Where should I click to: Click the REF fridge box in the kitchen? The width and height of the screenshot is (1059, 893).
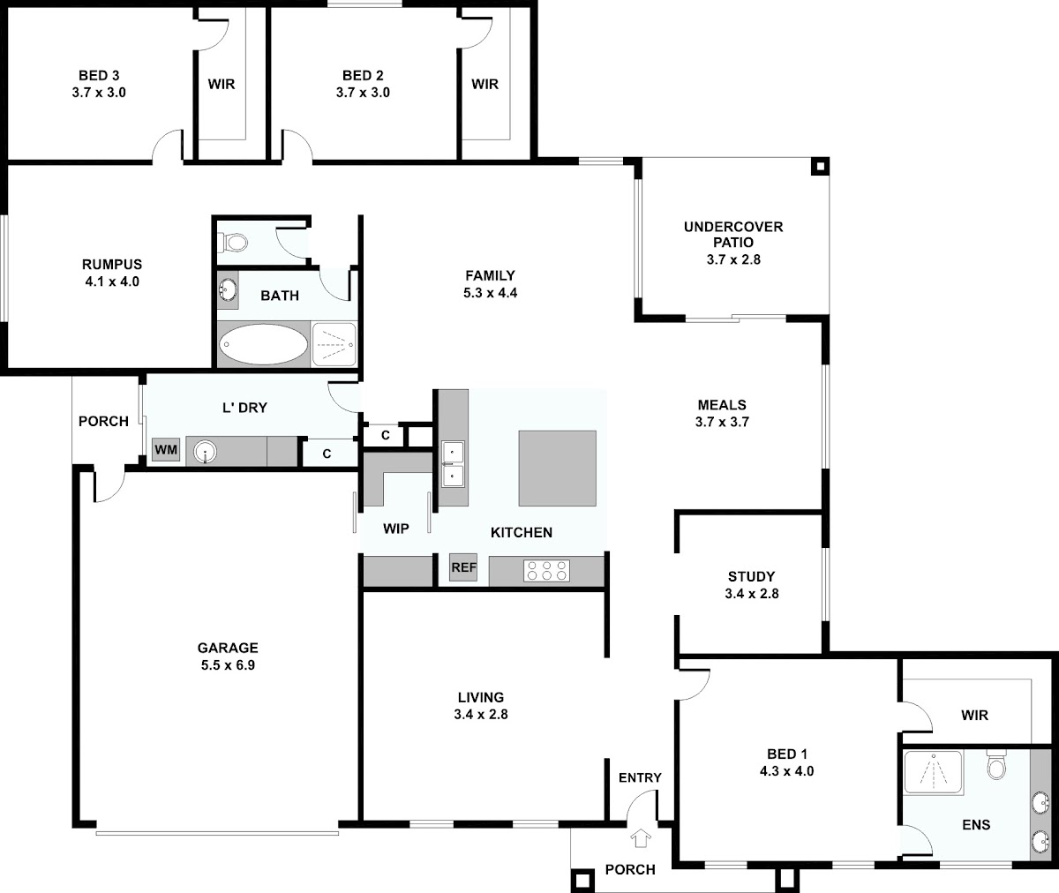[463, 567]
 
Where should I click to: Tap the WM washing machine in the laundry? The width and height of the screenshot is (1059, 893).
[166, 449]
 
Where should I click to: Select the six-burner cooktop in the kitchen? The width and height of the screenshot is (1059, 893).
[547, 571]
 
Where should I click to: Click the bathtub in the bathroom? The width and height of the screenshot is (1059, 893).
[263, 344]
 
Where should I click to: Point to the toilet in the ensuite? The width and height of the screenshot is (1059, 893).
[996, 766]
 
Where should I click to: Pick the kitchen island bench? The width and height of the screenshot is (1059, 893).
[557, 468]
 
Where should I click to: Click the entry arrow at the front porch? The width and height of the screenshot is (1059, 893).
[641, 837]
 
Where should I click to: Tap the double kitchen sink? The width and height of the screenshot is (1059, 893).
[453, 464]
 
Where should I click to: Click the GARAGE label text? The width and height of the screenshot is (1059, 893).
[228, 648]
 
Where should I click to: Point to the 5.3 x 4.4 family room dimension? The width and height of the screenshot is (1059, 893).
[490, 293]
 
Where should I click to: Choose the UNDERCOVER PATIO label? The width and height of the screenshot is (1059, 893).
[733, 234]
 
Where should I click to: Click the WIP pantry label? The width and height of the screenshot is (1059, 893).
[396, 529]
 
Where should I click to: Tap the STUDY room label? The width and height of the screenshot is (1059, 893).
[751, 576]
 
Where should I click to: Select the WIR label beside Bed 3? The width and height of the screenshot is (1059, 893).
[222, 84]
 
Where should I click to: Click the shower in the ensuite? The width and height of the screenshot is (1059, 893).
[933, 772]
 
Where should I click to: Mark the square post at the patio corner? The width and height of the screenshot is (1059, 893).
[820, 166]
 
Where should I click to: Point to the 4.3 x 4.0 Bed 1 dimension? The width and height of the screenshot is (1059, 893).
[786, 771]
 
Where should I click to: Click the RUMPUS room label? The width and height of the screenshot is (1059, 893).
[112, 264]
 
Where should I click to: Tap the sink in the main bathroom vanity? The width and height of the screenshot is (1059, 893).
[228, 290]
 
